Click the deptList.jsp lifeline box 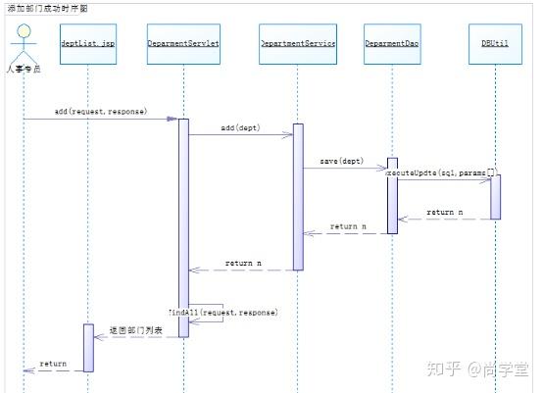[87, 44]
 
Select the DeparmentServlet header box [183, 44]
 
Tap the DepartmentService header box [298, 44]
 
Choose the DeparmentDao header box [392, 44]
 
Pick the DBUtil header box [495, 44]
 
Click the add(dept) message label [240, 128]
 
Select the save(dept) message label [339, 161]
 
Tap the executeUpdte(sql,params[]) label [441, 172]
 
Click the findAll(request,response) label [222, 312]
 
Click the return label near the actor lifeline [53, 364]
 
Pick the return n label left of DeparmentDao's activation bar [348, 226]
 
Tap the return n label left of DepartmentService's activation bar [244, 263]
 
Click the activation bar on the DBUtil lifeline [495, 196]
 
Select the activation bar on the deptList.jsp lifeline [87, 348]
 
